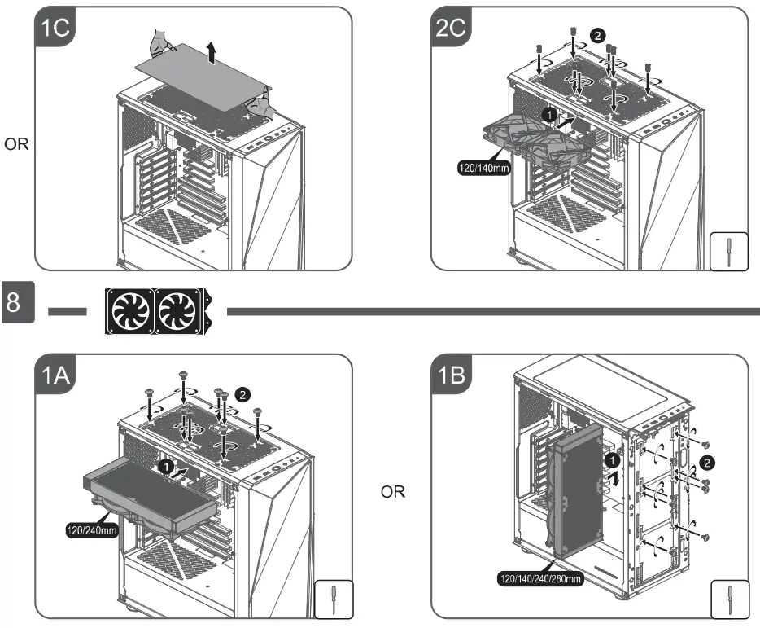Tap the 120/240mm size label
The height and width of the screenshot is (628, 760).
(94, 529)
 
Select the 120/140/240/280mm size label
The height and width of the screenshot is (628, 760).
(540, 579)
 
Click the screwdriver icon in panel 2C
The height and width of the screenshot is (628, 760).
(727, 253)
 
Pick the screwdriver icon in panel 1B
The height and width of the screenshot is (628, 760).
(727, 599)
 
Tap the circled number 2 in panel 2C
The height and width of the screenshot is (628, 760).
(599, 36)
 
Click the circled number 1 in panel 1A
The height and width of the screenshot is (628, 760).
(164, 467)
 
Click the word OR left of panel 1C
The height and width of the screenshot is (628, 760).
(16, 145)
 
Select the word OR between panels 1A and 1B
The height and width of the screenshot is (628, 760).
(393, 493)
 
